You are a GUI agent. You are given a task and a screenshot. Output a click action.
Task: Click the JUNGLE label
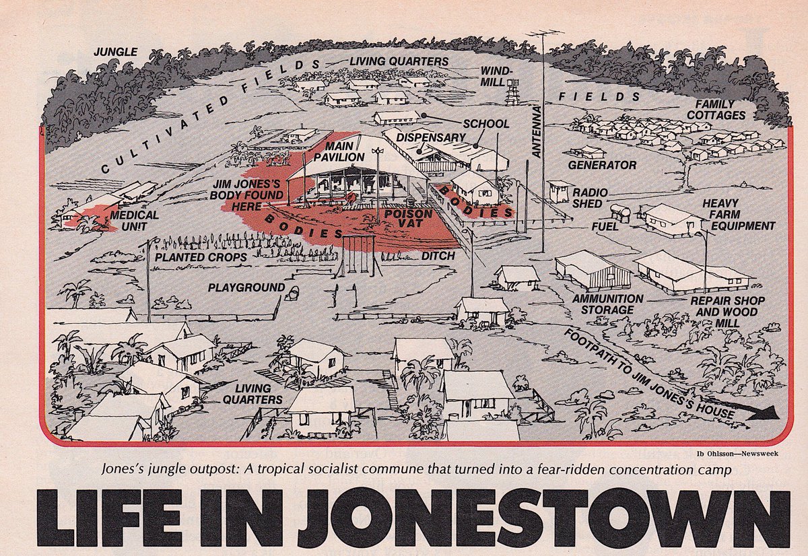point(115,52)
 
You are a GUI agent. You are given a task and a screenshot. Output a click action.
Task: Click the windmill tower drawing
point(514,90)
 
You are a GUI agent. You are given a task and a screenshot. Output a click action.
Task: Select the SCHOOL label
point(486,125)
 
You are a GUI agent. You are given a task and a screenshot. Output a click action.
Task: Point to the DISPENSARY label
point(431,138)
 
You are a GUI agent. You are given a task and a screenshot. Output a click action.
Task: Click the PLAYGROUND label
point(246,287)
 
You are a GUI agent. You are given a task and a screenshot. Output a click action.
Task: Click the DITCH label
point(438,256)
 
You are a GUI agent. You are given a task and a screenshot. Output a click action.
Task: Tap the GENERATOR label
point(602,165)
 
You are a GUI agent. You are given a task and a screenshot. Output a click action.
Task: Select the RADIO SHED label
point(590,199)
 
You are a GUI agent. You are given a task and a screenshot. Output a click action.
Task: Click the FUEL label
point(605,227)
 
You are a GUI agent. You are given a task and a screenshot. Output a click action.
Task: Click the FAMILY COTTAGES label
point(720,110)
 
